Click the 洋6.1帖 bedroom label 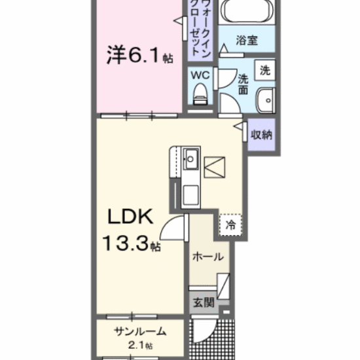click(139, 55)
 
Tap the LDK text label click(130, 217)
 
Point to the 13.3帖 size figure click(131, 243)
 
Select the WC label click(200, 75)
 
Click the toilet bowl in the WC click(200, 94)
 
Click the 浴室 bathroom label click(247, 40)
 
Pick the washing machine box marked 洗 click(265, 70)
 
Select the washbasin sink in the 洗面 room click(266, 101)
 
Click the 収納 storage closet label click(262, 135)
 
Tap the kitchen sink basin click(190, 159)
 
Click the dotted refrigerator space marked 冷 click(230, 225)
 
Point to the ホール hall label click(207, 257)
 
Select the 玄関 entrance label click(204, 302)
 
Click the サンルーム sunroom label click(140, 332)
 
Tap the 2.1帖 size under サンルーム click(140, 345)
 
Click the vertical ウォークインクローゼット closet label click(200, 29)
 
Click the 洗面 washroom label click(243, 84)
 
